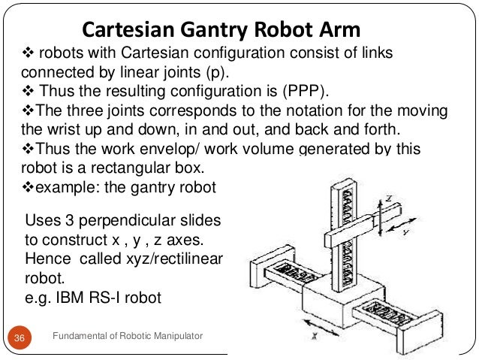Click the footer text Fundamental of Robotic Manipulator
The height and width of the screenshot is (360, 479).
click(x=128, y=340)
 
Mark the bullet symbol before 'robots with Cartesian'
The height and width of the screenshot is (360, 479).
click(x=21, y=55)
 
